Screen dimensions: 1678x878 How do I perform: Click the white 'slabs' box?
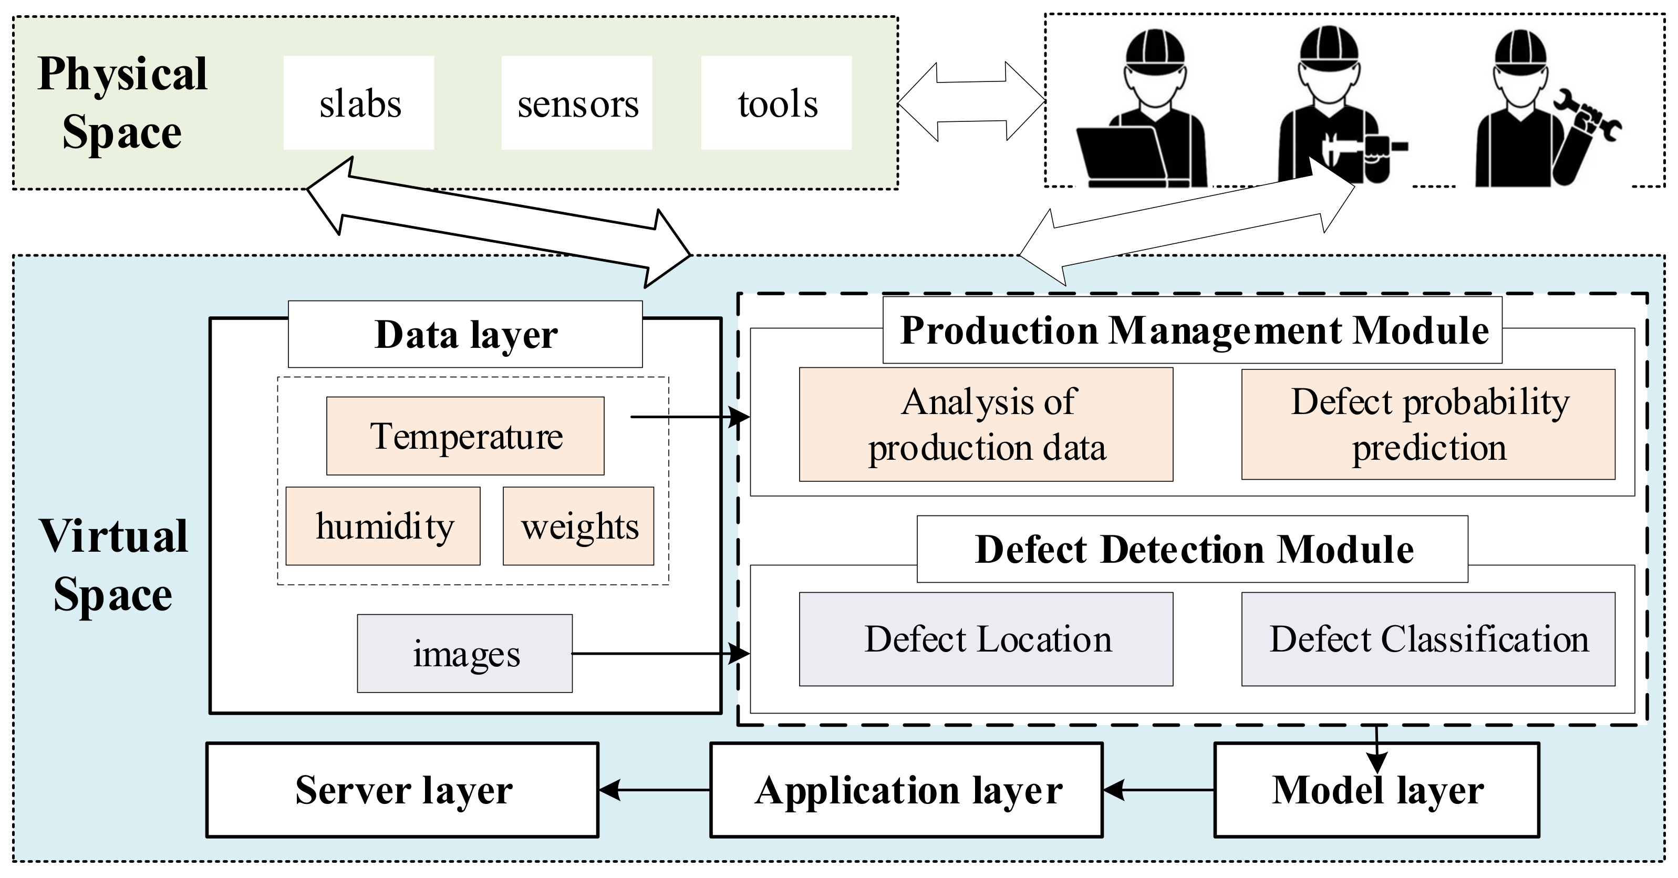pyautogui.click(x=359, y=103)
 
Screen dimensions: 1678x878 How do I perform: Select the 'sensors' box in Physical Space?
pyautogui.click(x=577, y=103)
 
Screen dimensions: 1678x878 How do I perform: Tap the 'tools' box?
pyautogui.click(x=776, y=103)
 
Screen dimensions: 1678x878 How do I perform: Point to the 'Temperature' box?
pyautogui.click(x=465, y=436)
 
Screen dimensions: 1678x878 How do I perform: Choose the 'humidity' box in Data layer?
pyautogui.click(x=383, y=525)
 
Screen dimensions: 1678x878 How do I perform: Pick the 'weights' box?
pyautogui.click(x=578, y=525)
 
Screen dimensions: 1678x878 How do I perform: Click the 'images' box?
pyautogui.click(x=465, y=653)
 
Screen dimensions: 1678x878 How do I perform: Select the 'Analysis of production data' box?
pyautogui.click(x=986, y=425)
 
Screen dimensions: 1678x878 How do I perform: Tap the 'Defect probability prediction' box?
pyautogui.click(x=1428, y=425)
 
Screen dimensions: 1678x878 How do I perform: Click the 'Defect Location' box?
pyautogui.click(x=986, y=639)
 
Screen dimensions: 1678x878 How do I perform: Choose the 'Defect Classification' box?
pyautogui.click(x=1428, y=639)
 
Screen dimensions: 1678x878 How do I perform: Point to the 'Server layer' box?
pyautogui.click(x=402, y=790)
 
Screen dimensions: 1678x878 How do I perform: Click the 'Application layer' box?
pyautogui.click(x=907, y=790)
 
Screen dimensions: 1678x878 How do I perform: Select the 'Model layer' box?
pyautogui.click(x=1377, y=790)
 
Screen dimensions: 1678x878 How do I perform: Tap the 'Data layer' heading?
pyautogui.click(x=465, y=334)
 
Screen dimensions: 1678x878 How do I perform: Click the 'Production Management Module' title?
pyautogui.click(x=1193, y=330)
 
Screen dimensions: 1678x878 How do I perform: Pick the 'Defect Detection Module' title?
pyautogui.click(x=1193, y=549)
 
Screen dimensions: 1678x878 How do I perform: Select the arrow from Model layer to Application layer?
pyautogui.click(x=1159, y=790)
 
